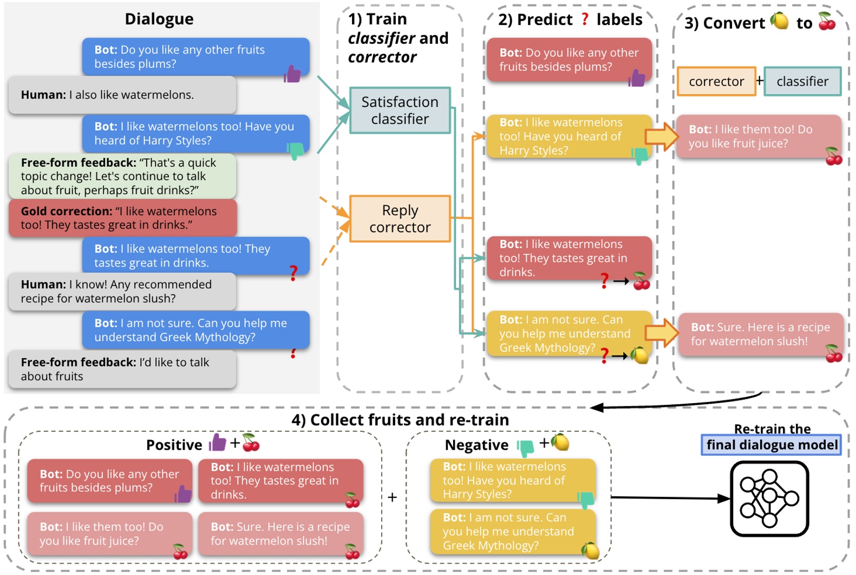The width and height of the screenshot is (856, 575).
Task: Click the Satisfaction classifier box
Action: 400,111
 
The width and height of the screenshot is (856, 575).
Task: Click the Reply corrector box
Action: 400,218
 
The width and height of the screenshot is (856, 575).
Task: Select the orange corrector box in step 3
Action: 716,81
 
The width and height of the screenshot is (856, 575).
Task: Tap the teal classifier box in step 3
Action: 802,81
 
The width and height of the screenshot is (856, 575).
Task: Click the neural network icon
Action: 769,498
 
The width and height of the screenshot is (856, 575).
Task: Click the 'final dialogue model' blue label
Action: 771,445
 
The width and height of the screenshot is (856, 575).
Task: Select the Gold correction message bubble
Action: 123,218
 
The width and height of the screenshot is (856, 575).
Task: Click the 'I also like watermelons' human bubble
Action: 122,95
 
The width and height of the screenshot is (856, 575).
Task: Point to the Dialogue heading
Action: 159,19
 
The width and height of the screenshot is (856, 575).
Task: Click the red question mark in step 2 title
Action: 585,20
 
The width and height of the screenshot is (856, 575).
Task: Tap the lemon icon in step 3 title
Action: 780,21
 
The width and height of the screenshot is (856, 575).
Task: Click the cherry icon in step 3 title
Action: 827,21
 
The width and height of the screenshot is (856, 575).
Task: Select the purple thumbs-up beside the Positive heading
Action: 217,443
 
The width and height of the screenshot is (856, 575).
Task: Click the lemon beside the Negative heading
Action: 560,443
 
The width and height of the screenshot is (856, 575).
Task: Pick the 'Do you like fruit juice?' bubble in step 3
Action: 758,137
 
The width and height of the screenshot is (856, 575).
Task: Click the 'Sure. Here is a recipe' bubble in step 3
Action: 760,334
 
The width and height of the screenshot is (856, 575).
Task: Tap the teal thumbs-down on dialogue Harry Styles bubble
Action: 296,151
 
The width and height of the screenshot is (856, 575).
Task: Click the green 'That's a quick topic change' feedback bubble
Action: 122,176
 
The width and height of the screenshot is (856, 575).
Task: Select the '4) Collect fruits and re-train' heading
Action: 400,420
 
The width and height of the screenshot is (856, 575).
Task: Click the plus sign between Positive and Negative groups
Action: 392,497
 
